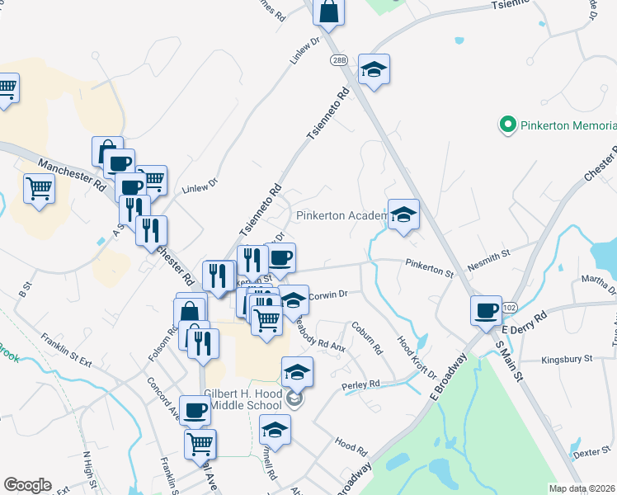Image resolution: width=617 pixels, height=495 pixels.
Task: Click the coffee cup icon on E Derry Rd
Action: click(486, 311)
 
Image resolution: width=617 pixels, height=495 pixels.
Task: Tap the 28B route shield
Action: click(341, 61)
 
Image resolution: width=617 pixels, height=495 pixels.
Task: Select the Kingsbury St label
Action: click(568, 360)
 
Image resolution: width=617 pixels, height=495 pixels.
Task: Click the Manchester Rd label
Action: click(70, 174)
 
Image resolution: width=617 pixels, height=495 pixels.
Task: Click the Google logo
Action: click(27, 485)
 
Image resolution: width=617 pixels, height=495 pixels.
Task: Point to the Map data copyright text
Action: click(582, 488)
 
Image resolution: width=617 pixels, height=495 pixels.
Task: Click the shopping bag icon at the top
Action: click(328, 13)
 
